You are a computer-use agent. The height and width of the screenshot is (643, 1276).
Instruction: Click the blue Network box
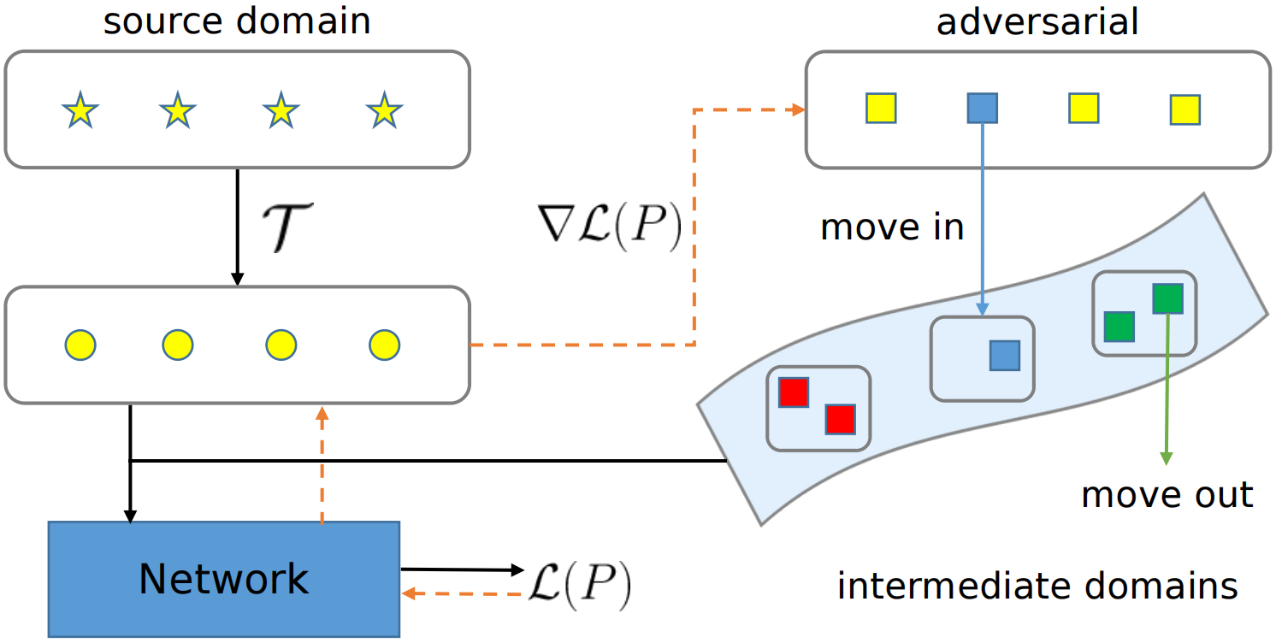[x=223, y=579]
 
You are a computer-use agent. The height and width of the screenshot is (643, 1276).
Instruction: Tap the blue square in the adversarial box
[x=982, y=109]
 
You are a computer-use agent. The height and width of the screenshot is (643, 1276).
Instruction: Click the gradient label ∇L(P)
[x=606, y=227]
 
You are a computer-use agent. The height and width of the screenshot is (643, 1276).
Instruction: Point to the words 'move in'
[x=892, y=227]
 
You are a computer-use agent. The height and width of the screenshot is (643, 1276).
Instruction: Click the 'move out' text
[x=1167, y=494]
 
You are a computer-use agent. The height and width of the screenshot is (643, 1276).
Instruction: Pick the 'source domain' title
[x=237, y=21]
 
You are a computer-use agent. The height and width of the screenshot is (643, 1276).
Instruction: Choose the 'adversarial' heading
[x=1037, y=21]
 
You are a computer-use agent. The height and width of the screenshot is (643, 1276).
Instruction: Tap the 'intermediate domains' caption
[x=1037, y=587]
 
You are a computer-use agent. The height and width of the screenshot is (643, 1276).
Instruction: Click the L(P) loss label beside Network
[x=581, y=585]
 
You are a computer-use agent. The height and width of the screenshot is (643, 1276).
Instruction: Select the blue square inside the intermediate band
[x=1005, y=355]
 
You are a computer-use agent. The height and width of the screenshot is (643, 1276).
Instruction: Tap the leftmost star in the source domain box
[x=80, y=110]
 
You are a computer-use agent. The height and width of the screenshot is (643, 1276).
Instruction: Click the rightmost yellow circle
[x=384, y=345]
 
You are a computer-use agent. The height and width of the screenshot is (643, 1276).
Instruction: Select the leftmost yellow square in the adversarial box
[x=880, y=109]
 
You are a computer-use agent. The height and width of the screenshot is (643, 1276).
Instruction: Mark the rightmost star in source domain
[x=384, y=110]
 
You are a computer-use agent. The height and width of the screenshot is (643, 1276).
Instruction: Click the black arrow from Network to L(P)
[x=462, y=569]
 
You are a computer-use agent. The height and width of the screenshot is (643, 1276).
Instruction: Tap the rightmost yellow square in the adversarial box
[x=1184, y=109]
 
